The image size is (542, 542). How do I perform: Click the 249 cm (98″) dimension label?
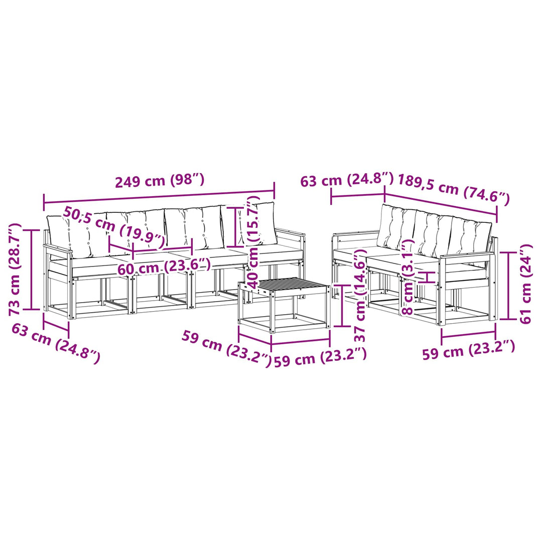160,181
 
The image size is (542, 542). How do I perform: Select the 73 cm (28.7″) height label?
15,269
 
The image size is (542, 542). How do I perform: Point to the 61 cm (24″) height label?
526,284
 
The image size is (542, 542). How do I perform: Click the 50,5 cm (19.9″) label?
114,228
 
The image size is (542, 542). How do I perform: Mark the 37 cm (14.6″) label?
360,296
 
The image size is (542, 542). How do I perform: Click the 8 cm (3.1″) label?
409,277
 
